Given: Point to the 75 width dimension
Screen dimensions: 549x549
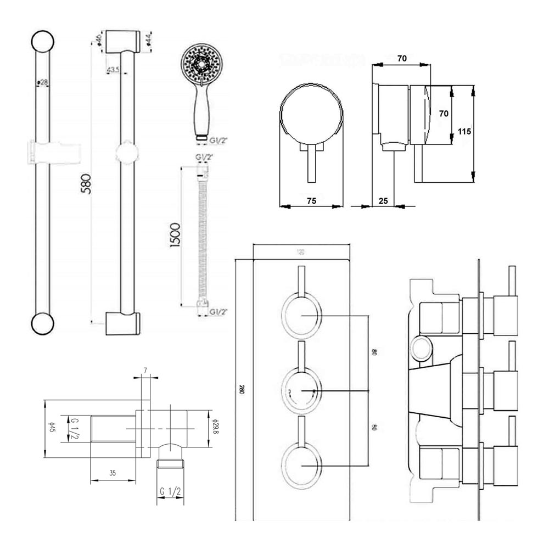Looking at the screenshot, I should (x=311, y=201).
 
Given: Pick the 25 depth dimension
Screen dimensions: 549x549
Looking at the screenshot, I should (x=384, y=201).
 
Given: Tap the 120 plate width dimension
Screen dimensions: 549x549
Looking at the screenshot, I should (x=300, y=253).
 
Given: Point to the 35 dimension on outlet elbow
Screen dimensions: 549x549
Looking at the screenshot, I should (x=112, y=473).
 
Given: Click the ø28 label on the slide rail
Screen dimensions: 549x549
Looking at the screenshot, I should (x=42, y=82).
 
